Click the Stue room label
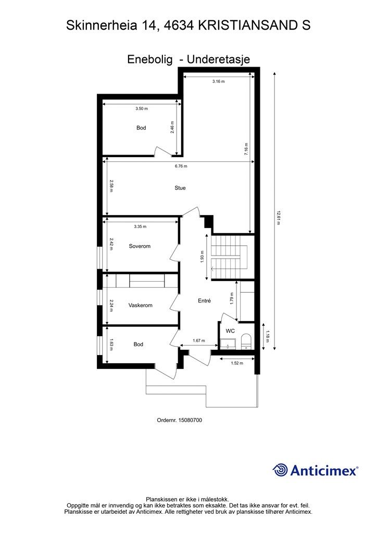[x=180, y=188]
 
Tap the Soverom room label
[x=140, y=246]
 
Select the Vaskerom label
[x=140, y=306]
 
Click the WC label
[x=230, y=331]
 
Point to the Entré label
[x=204, y=301]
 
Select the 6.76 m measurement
[x=181, y=167]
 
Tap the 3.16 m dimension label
[x=219, y=81]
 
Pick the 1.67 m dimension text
[x=199, y=341]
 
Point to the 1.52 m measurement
[x=237, y=363]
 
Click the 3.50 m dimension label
[x=141, y=109]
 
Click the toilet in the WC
[x=246, y=342]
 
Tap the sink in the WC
[x=227, y=344]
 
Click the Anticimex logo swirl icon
[x=280, y=469]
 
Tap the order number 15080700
[x=190, y=420]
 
